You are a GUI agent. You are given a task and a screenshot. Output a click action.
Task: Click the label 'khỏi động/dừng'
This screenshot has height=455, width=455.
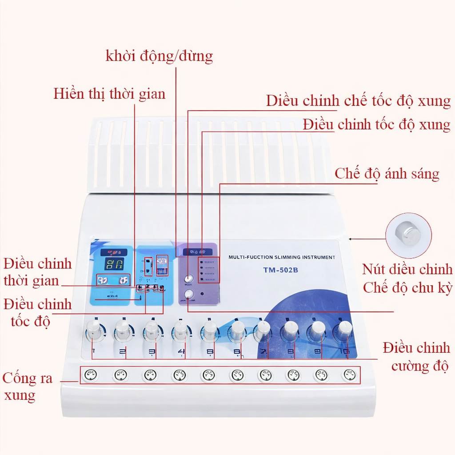pyautogui.click(x=159, y=56)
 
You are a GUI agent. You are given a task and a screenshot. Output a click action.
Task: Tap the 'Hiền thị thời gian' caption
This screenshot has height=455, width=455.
pyautogui.click(x=109, y=94)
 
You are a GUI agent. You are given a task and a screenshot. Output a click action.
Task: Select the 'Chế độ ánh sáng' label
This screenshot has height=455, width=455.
pyautogui.click(x=387, y=173)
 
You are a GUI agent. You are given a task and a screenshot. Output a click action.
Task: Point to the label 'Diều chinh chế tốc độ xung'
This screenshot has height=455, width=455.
pyautogui.click(x=358, y=101)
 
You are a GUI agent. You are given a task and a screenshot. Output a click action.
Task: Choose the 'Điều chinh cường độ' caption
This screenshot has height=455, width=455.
pyautogui.click(x=416, y=357)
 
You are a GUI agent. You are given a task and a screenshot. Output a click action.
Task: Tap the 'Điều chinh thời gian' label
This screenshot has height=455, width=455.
pyautogui.click(x=37, y=272)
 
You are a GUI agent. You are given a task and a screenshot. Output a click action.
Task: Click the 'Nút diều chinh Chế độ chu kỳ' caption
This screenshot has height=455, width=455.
pyautogui.click(x=407, y=278)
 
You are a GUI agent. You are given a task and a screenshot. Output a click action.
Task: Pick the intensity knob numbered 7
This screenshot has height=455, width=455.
pyautogui.click(x=263, y=329)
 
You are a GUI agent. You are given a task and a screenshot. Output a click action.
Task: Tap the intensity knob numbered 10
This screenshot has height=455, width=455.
pyautogui.click(x=344, y=329)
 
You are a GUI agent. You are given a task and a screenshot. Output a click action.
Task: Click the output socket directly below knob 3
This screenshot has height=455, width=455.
pyautogui.click(x=150, y=375)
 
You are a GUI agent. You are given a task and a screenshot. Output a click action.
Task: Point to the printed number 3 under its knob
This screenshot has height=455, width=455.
pyautogui.click(x=152, y=354)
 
